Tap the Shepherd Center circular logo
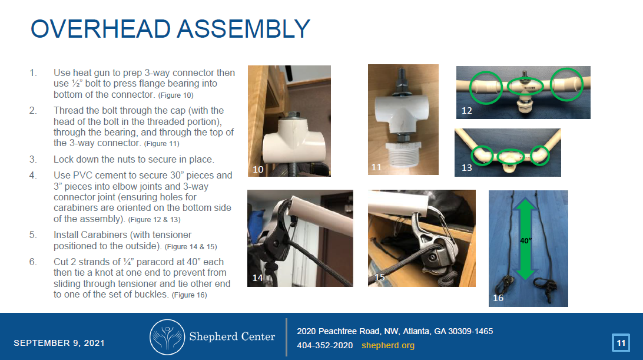pyautogui.click(x=167, y=338)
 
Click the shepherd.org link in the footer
pyautogui.click(x=387, y=345)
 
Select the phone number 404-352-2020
pyautogui.click(x=324, y=345)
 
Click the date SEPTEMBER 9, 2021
pyautogui.click(x=59, y=343)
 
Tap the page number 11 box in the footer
pyautogui.click(x=621, y=343)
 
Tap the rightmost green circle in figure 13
pyautogui.click(x=538, y=156)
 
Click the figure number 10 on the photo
pyautogui.click(x=258, y=169)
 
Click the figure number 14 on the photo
pyautogui.click(x=257, y=278)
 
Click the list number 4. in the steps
pyautogui.click(x=34, y=175)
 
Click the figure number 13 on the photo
pyautogui.click(x=466, y=168)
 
